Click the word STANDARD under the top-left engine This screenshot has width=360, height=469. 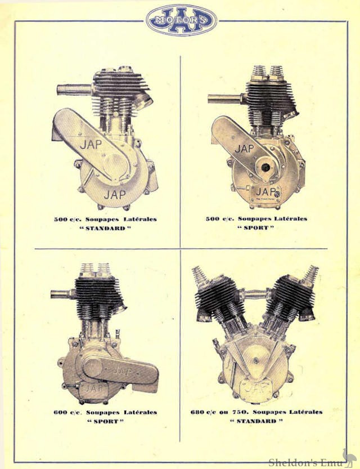tap(105, 228)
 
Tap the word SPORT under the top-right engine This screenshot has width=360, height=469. tap(256, 227)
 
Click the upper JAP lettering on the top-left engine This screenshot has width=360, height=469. tap(91, 145)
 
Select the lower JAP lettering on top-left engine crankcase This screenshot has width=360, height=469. tap(115, 194)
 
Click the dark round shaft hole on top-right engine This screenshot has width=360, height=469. tap(265, 167)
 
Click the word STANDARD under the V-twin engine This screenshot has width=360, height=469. tap(256, 421)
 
